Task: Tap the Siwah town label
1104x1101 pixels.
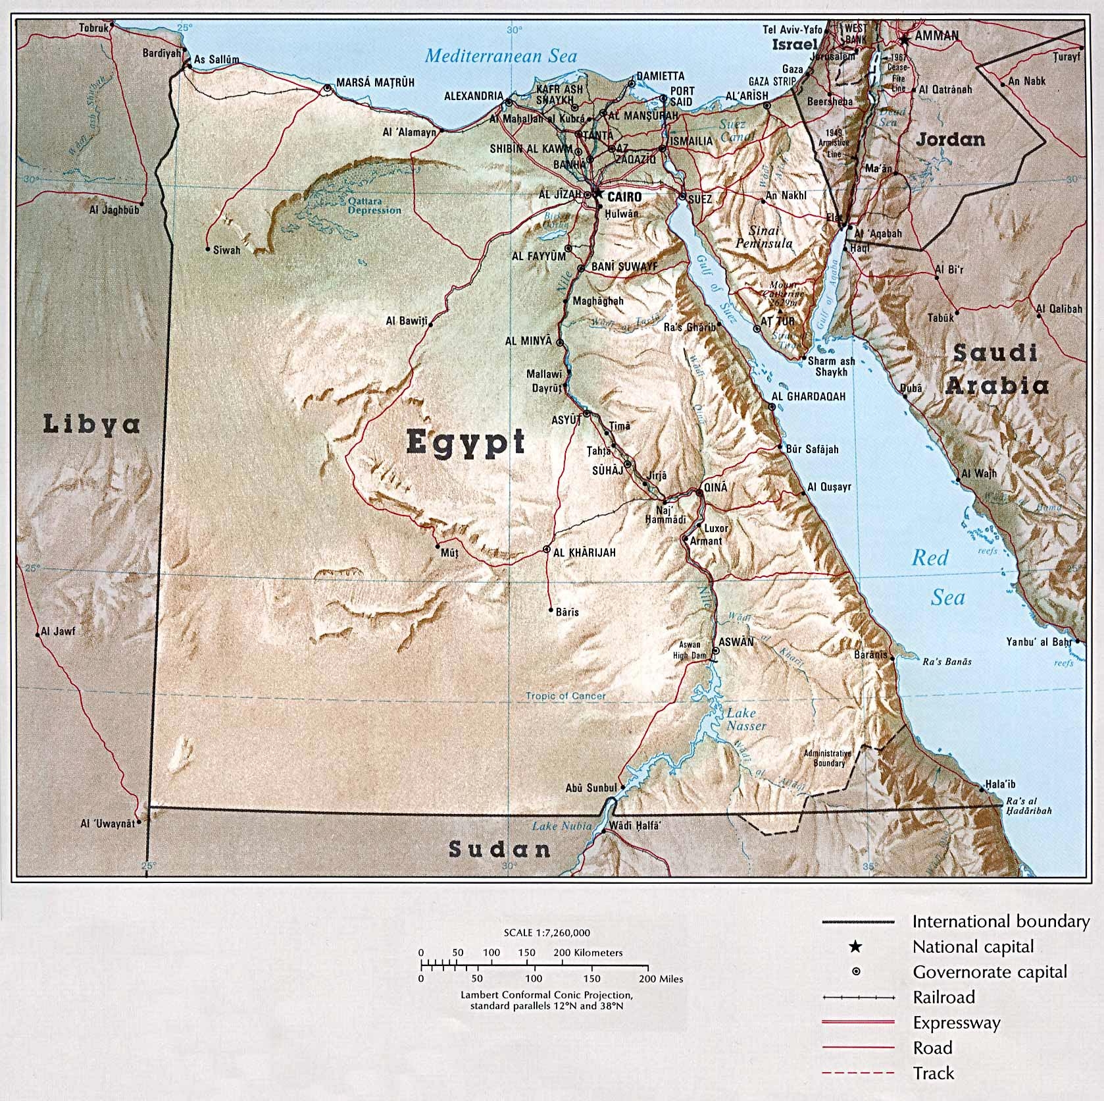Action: click(227, 250)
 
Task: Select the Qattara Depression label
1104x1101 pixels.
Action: click(374, 205)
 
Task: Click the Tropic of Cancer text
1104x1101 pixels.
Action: click(565, 695)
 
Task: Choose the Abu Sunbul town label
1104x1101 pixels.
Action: click(591, 788)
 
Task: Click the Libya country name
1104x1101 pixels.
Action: click(91, 424)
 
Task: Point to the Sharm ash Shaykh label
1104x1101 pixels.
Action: click(831, 366)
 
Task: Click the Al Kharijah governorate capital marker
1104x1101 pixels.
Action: click(547, 549)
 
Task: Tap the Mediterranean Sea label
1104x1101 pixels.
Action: click(501, 55)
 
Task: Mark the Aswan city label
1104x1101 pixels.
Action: click(736, 641)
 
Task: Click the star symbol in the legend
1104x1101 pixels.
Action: click(855, 947)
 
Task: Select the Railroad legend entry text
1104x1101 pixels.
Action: click(943, 997)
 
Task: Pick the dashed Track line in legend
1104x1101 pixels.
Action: click(858, 1073)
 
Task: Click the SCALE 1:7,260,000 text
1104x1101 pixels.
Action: click(546, 932)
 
